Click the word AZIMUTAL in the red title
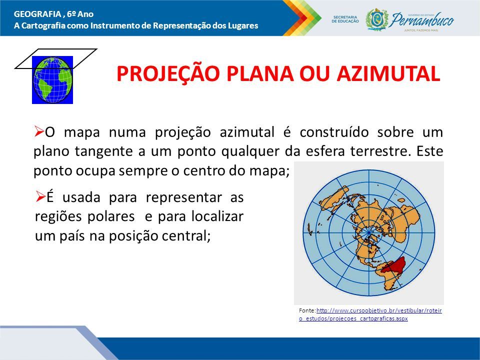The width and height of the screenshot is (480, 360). pyautogui.click(x=388, y=73)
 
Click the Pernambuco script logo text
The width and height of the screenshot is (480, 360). pyautogui.click(x=422, y=20)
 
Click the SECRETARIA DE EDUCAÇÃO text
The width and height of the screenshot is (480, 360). pyautogui.click(x=345, y=19)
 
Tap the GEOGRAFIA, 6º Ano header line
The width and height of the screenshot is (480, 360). pyautogui.click(x=54, y=14)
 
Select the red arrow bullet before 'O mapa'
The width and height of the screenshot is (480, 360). pyautogui.click(x=38, y=131)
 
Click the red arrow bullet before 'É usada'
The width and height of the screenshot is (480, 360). pyautogui.click(x=40, y=196)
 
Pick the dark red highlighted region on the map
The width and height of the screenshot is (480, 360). pyautogui.click(x=395, y=265)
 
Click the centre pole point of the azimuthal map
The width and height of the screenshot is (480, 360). pyautogui.click(x=369, y=233)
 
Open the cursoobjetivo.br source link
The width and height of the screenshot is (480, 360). pyautogui.click(x=370, y=314)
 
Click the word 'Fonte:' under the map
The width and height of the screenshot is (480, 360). pyautogui.click(x=307, y=310)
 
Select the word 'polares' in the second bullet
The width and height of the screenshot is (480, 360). pyautogui.click(x=111, y=217)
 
